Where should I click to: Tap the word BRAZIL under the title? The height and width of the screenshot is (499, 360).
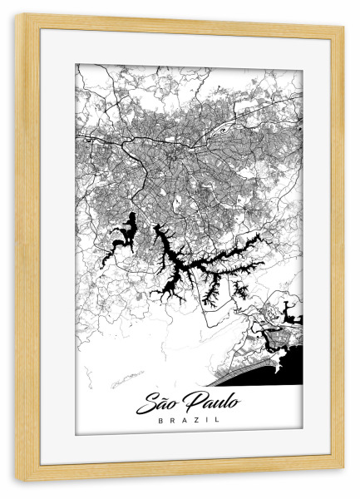(x=189, y=422)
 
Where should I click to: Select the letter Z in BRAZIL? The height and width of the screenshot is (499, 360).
(x=195, y=422)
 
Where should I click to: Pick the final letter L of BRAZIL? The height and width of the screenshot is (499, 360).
(x=218, y=422)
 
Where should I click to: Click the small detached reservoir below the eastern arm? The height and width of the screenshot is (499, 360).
(x=241, y=290)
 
